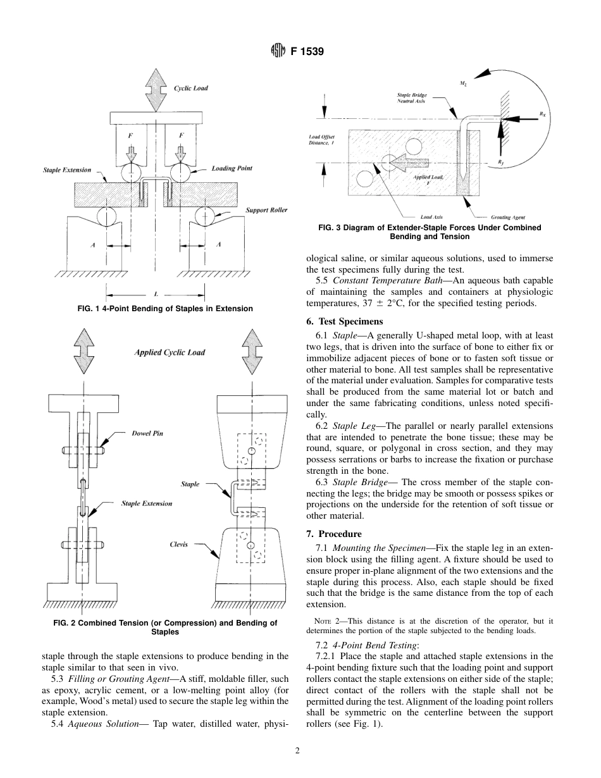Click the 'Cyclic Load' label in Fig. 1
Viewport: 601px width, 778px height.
pyautogui.click(x=190, y=88)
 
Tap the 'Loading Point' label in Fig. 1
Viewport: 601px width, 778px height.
pyautogui.click(x=232, y=168)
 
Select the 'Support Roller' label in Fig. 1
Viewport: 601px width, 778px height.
pyautogui.click(x=266, y=210)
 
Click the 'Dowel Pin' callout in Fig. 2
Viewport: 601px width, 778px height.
pyautogui.click(x=147, y=433)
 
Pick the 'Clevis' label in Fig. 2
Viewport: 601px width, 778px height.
pyautogui.click(x=178, y=544)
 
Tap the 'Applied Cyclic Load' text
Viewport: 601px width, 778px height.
pyautogui.click(x=170, y=352)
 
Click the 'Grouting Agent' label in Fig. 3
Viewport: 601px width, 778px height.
pyautogui.click(x=507, y=217)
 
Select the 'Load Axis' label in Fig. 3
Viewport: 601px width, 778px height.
pyautogui.click(x=431, y=217)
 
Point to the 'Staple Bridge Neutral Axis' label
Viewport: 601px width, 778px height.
pyautogui.click(x=411, y=98)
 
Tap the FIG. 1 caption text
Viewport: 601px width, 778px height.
pyautogui.click(x=164, y=309)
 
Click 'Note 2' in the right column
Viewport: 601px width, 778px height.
pyautogui.click(x=328, y=621)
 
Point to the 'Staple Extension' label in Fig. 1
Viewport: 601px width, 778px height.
pyautogui.click(x=67, y=170)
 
